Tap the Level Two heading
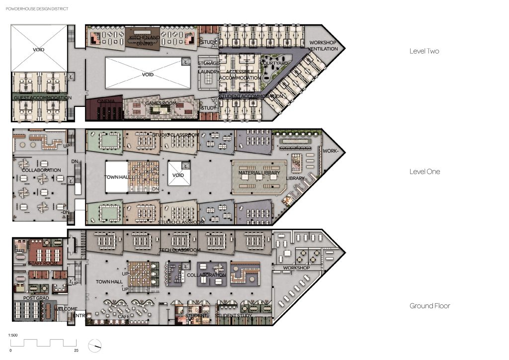pos(424,51)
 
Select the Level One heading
pos(424,172)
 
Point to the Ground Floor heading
pos(429,306)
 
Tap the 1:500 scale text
pos(13,336)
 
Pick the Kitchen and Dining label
pos(144,40)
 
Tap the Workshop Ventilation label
pos(323,46)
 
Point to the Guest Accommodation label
pos(42,98)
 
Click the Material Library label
pos(258,173)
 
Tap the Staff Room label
pos(41,263)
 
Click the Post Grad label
pos(35,298)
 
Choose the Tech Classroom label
pos(179,250)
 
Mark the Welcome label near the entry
pos(66,309)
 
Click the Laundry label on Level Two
pos(208,72)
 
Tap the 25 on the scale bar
pos(76,351)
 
